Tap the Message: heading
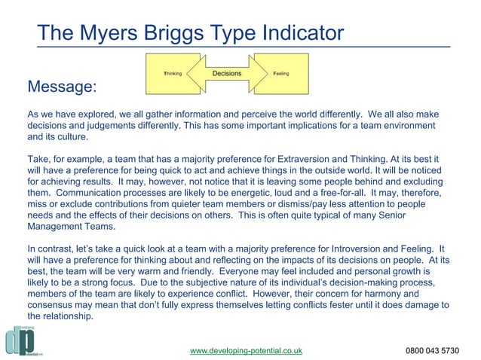62,87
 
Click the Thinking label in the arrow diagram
173,74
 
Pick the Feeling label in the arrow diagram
280,74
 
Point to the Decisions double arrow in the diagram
227,73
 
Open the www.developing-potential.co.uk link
246,350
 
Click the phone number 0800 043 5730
432,350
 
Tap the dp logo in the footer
18,340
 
